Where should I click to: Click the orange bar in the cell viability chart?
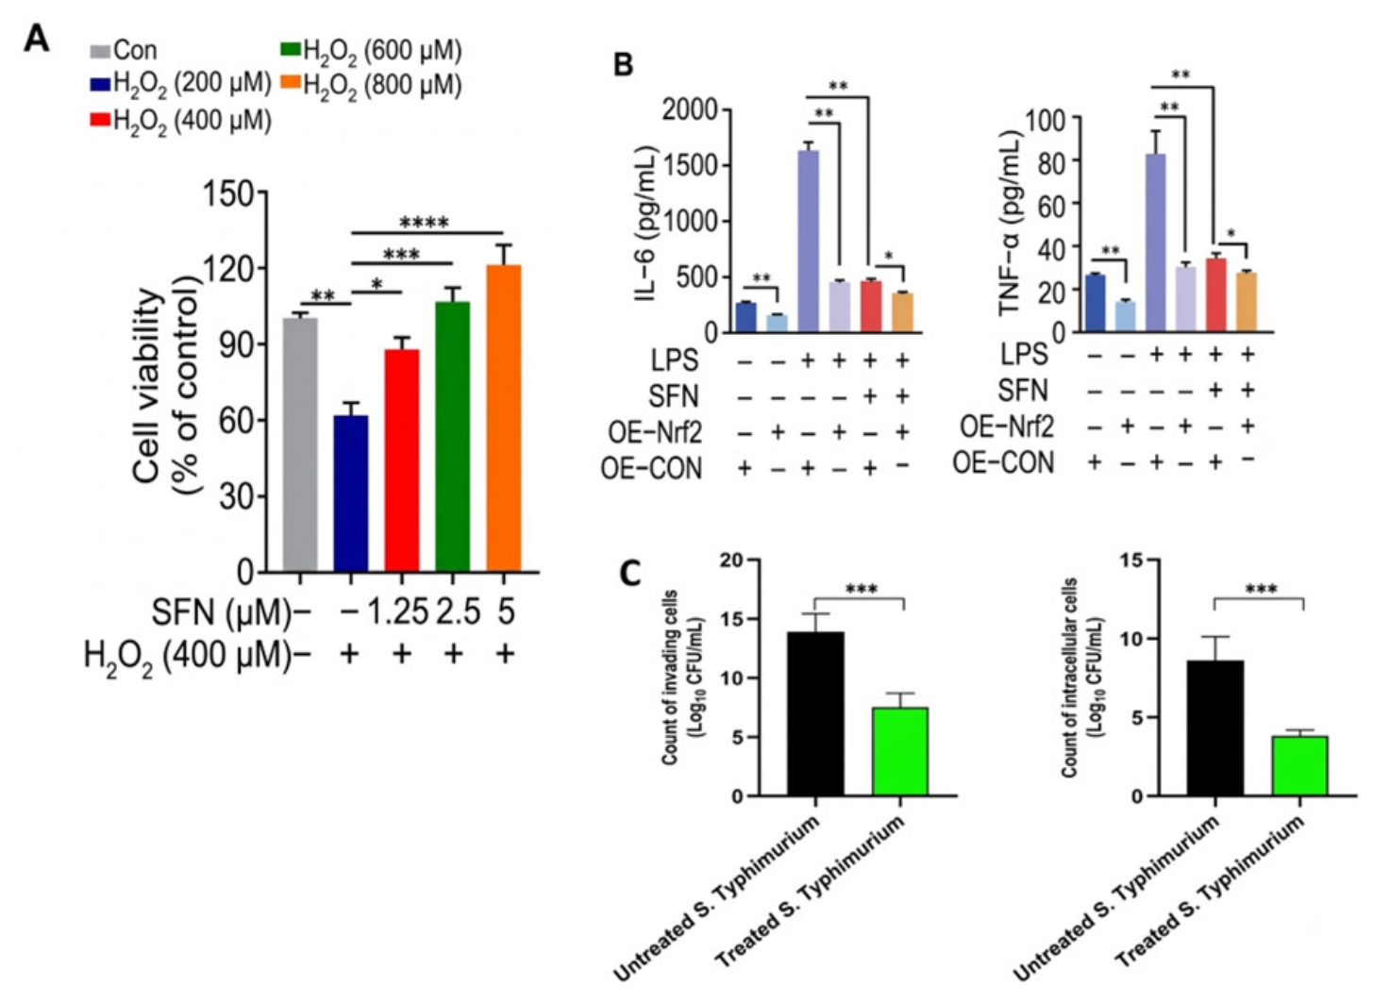503,418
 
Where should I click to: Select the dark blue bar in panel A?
351,493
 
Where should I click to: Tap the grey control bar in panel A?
300,444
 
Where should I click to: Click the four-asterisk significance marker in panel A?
424,222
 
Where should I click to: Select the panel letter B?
624,65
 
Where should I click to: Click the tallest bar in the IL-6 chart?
808,242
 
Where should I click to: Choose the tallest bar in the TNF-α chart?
1156,243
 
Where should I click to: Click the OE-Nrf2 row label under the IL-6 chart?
654,432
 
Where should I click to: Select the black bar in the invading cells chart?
816,714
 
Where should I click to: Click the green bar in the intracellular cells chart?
1300,766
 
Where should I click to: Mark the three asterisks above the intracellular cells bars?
1262,589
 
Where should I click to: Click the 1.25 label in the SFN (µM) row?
397,612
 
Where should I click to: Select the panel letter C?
630,574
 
